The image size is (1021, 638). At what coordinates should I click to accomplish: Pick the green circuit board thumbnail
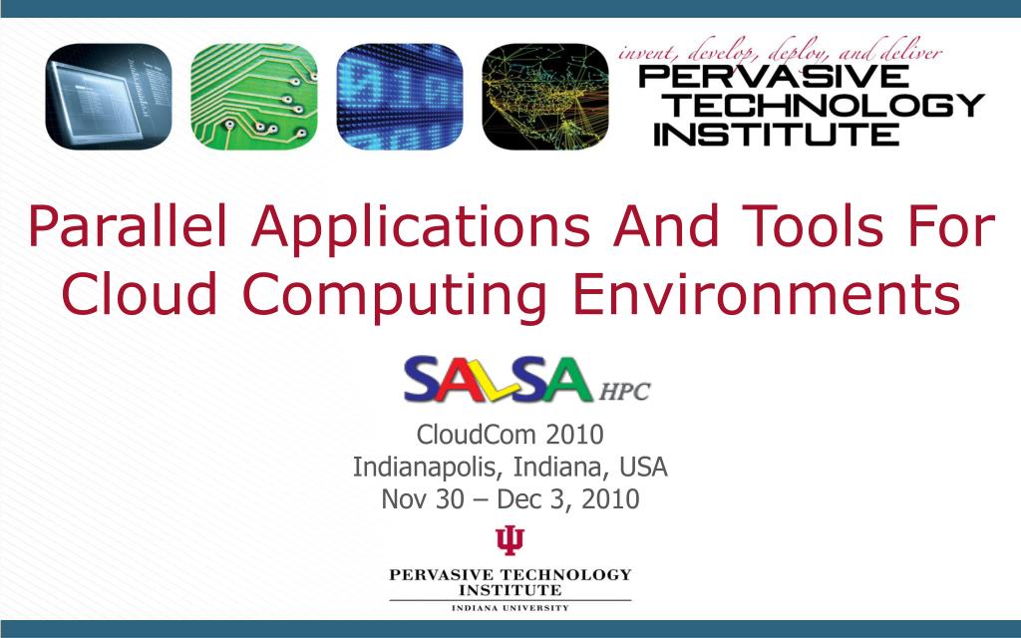coord(253,97)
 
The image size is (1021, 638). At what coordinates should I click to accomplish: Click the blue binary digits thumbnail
coord(399,97)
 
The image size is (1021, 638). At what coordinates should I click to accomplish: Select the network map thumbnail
coord(544,97)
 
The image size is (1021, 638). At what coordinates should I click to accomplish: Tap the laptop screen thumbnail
coord(108,97)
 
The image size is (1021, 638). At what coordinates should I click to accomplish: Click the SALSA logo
coord(497,380)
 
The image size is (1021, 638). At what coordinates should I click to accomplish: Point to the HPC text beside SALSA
coord(624,392)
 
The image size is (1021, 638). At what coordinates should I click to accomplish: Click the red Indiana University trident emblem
coord(510,540)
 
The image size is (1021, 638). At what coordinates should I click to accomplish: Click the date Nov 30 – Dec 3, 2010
coord(510,498)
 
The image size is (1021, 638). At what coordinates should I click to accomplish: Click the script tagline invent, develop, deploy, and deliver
coord(780,53)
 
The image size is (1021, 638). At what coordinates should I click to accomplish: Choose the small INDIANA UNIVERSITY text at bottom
coord(510,607)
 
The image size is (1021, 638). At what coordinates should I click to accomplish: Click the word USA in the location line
coord(643,466)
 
